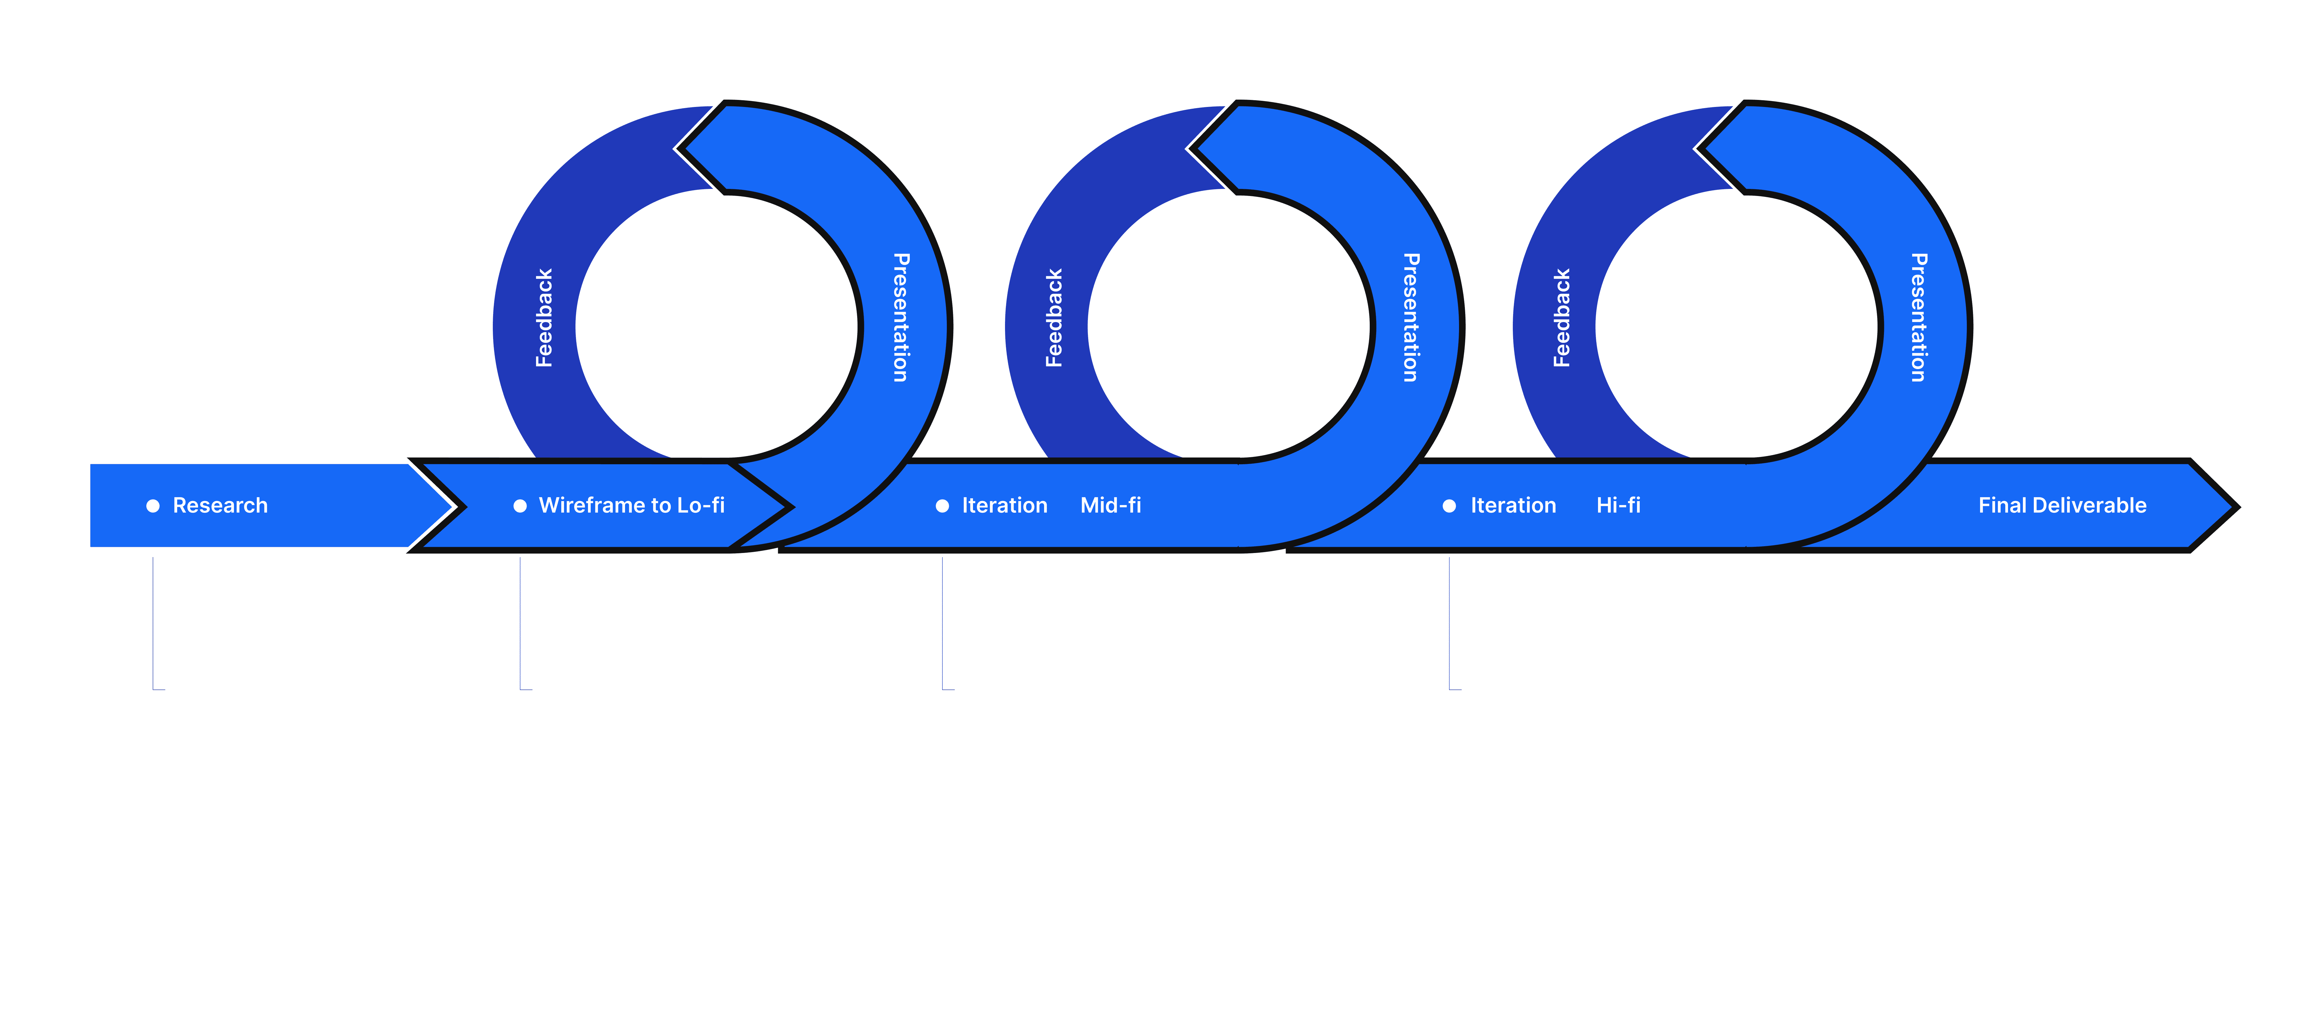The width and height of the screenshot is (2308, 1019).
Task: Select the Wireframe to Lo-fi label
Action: [x=632, y=505]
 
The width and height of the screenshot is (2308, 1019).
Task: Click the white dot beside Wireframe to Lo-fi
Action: [x=520, y=506]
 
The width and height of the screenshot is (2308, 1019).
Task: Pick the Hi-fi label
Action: [x=1618, y=505]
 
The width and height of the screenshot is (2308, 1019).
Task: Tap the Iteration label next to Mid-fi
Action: [x=1004, y=505]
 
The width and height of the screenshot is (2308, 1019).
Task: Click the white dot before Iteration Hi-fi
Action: [x=1449, y=506]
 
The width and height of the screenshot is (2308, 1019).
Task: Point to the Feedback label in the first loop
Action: [x=544, y=318]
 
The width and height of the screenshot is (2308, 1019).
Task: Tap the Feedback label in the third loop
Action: [x=1562, y=318]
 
